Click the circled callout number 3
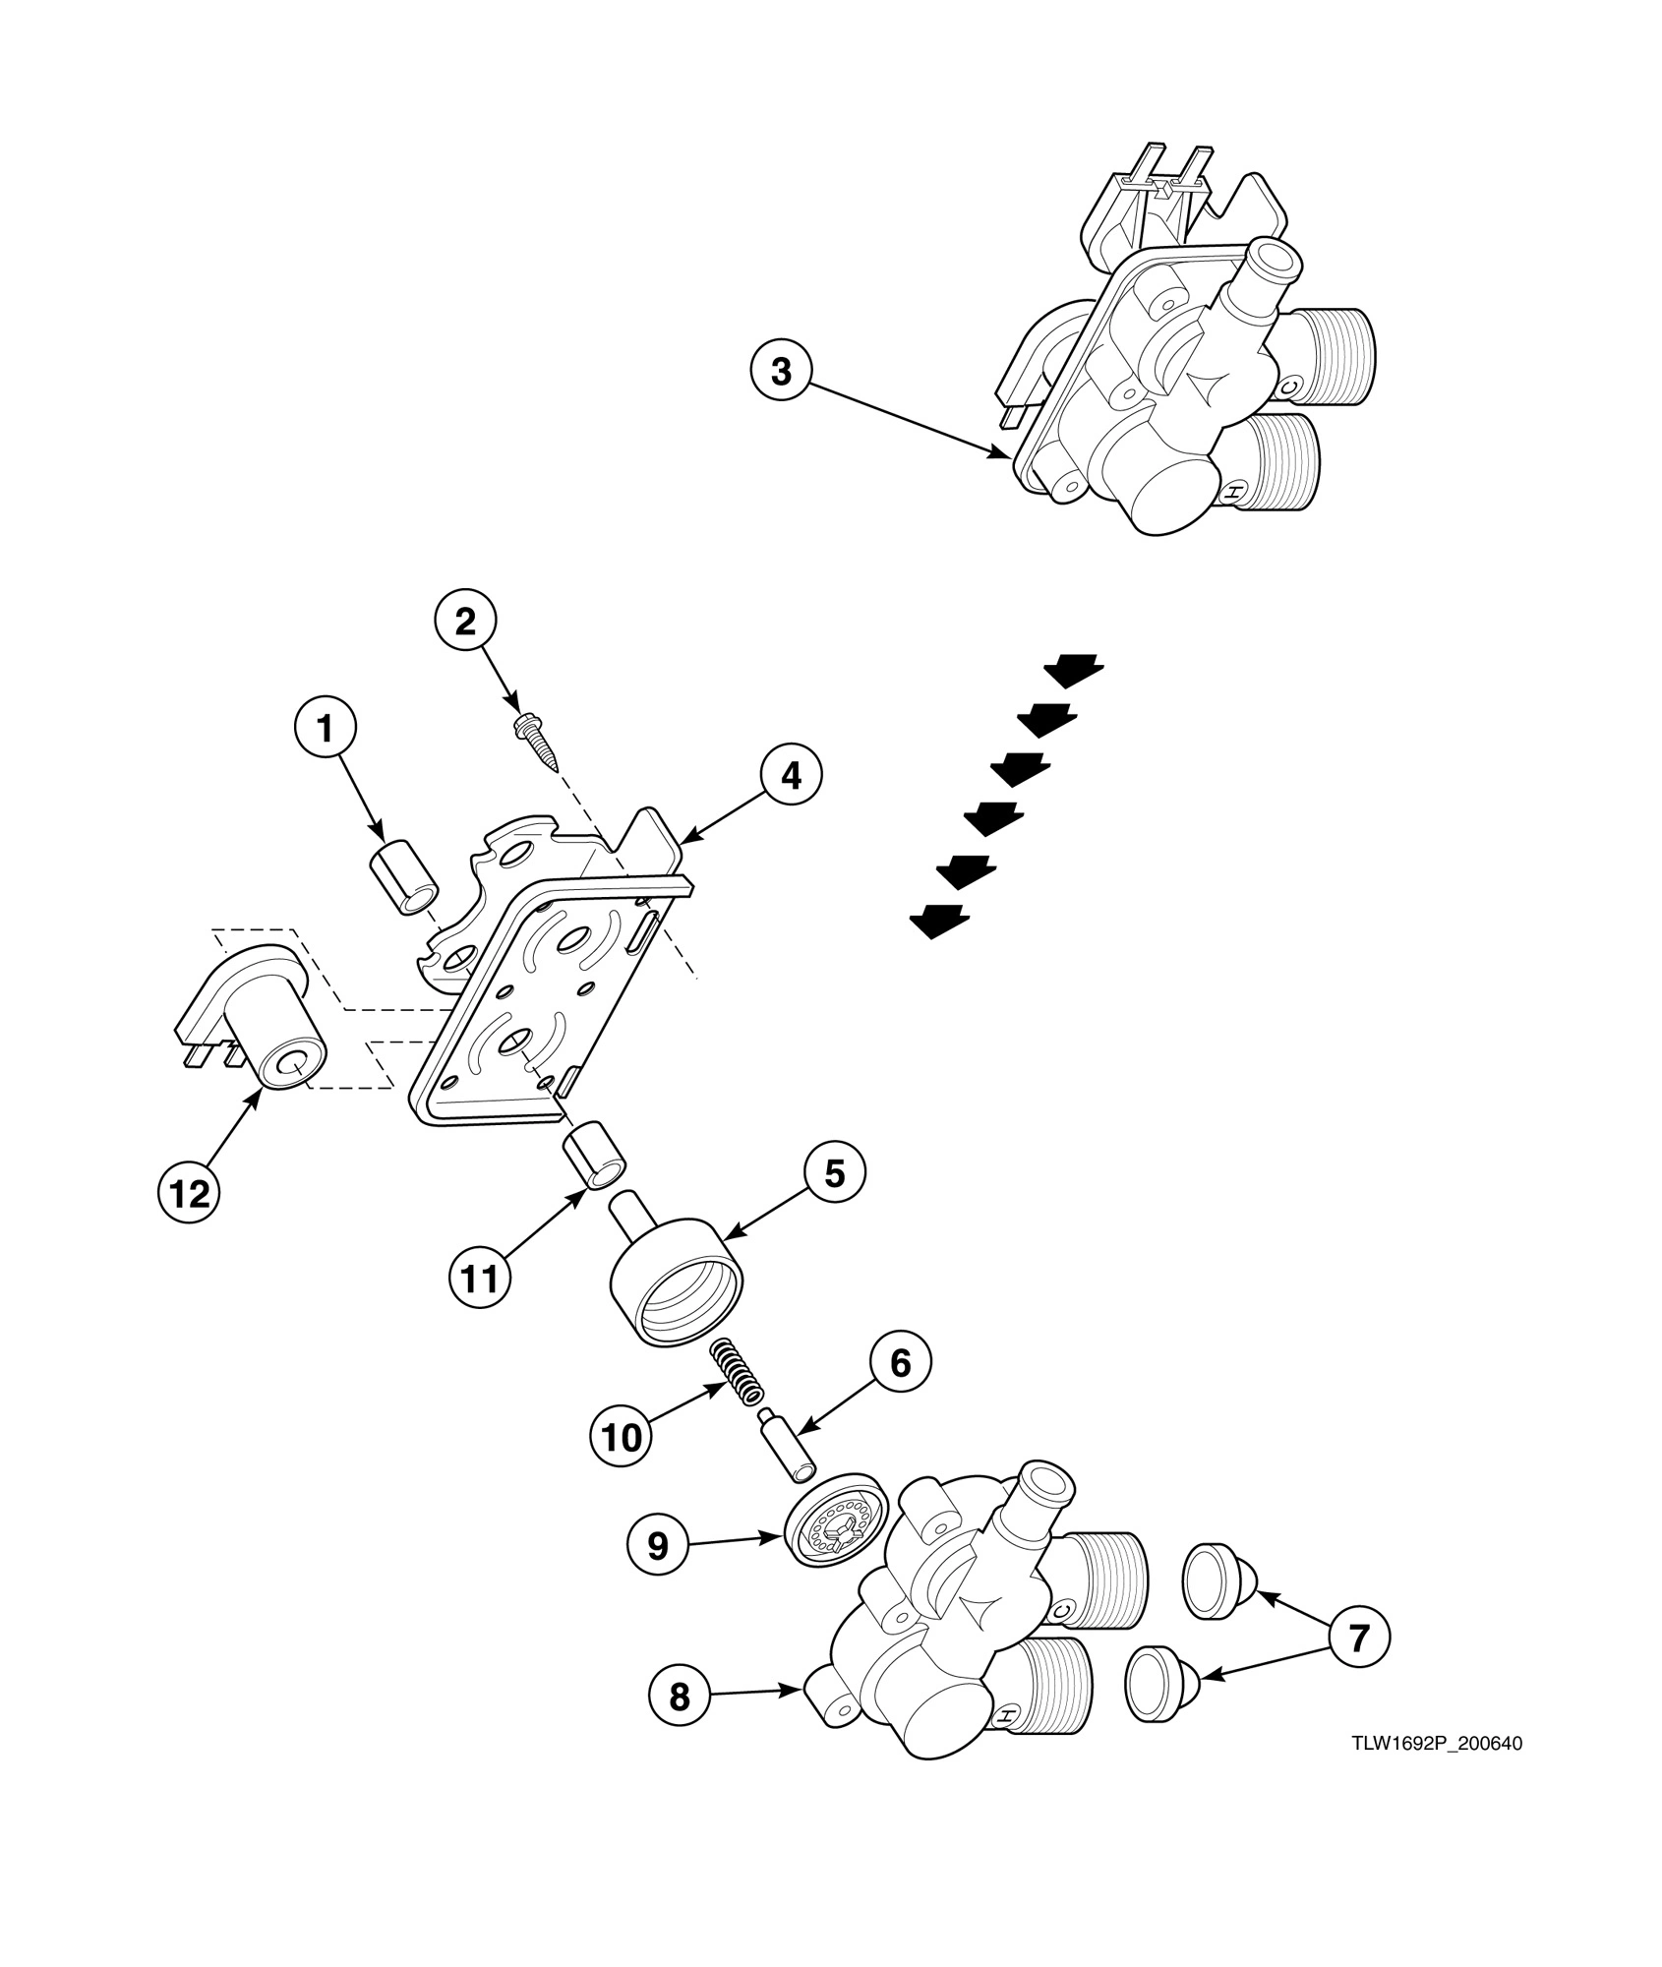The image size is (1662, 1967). [780, 373]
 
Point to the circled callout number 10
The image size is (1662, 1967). [621, 1437]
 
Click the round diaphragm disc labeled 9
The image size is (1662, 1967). [835, 1540]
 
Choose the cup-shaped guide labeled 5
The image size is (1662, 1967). [677, 1281]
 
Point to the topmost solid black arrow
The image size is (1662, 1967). [1074, 672]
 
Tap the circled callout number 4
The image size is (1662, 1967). [791, 776]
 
